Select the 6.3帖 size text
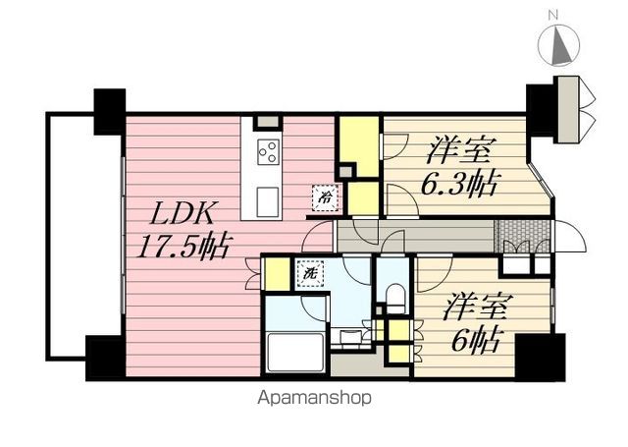(x=458, y=184)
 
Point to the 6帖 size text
(x=475, y=339)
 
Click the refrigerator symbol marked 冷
(x=325, y=197)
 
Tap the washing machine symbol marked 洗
(x=310, y=274)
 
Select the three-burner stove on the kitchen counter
(x=268, y=151)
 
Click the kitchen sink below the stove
(x=268, y=201)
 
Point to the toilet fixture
(x=395, y=298)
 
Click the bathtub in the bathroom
(x=295, y=352)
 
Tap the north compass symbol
(x=558, y=44)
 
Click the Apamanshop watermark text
(x=314, y=398)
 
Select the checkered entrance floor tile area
(x=522, y=236)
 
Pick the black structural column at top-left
(x=109, y=111)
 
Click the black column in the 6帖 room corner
(x=541, y=357)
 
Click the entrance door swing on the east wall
(x=569, y=237)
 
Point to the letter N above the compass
(x=553, y=16)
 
